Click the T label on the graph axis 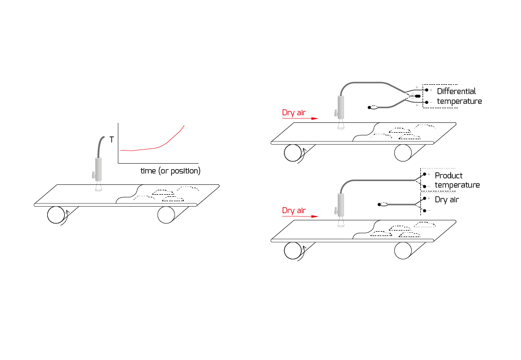(111, 140)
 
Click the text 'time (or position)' (170, 171)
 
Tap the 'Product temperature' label (457, 180)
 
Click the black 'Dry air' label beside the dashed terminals (447, 200)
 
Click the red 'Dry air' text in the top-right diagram (294, 113)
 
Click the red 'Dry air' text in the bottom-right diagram (294, 210)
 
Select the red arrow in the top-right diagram (300, 120)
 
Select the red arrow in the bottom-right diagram (300, 216)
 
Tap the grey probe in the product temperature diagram (340, 206)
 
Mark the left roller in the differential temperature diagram (293, 153)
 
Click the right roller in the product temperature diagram (403, 250)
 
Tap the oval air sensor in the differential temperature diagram (373, 108)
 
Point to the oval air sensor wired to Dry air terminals (382, 204)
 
